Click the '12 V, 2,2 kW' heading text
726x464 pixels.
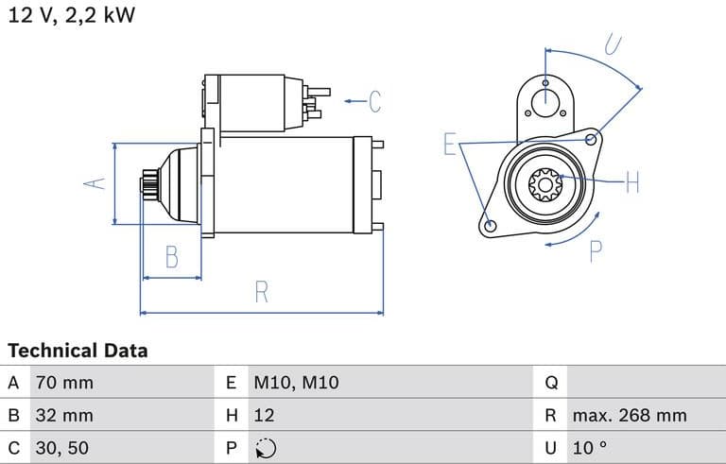point(72,17)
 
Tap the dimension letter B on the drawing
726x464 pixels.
point(171,256)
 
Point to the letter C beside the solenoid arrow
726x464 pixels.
point(374,100)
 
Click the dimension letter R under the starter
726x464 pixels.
point(262,292)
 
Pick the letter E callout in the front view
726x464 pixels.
point(451,145)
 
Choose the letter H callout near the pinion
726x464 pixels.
point(632,181)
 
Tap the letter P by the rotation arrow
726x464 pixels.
point(596,251)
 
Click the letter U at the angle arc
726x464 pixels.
point(613,44)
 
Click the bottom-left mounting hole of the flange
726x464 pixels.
point(490,226)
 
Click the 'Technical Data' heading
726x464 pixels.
point(78,351)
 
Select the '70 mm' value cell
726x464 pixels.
point(64,383)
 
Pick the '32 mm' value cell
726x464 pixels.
point(64,415)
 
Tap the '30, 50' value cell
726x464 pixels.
point(62,447)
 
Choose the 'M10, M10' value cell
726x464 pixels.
point(295,383)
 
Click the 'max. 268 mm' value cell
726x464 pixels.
point(629,415)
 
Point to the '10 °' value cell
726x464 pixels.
point(588,447)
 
